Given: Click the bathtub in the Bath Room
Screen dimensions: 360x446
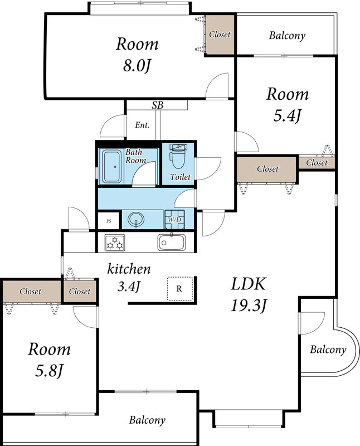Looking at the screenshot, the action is point(113,166).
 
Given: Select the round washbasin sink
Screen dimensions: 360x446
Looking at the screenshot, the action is point(136,220).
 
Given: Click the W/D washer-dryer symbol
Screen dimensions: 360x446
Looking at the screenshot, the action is point(174,219).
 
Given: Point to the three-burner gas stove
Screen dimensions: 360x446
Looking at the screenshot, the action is point(115,243).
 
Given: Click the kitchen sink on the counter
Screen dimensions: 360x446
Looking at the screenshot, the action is point(172,242).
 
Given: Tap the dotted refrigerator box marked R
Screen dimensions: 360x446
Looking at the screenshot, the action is point(180,289).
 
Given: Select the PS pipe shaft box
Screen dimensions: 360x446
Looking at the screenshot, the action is point(108,221).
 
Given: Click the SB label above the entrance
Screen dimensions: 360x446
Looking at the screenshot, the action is point(158,105).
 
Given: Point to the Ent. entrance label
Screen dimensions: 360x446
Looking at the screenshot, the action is point(142,125).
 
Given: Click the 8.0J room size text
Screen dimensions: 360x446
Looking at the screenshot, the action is point(137,66).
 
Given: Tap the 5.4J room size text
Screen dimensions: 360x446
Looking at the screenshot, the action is point(287,116).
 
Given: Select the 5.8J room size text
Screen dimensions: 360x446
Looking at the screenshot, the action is point(49,371).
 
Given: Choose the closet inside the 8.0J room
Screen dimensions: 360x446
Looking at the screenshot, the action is point(220,35).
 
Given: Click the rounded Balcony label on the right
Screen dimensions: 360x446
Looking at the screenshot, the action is point(328,350).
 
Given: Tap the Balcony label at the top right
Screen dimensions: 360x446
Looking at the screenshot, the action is point(287,36).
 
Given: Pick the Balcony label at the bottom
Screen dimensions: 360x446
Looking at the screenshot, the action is point(147,420).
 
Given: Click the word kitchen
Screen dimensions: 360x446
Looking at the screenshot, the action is point(129,269).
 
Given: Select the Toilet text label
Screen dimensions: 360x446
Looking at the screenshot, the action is point(181,177).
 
